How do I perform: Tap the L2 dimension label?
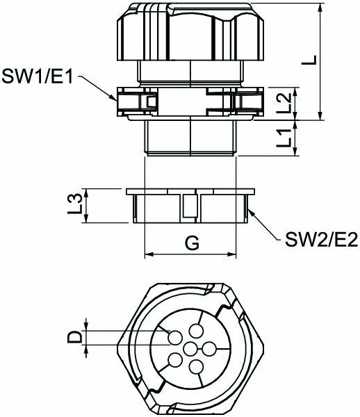[284, 104]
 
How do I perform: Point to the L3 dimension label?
[81, 206]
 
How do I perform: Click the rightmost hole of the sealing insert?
[209, 347]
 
